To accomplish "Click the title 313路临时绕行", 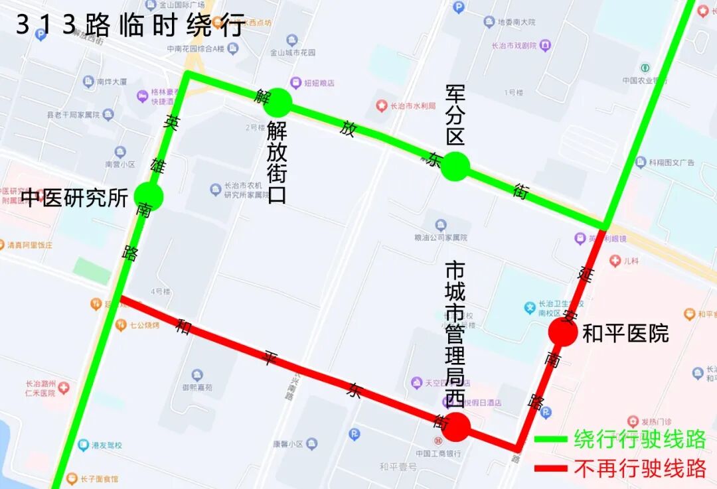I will point(130,25).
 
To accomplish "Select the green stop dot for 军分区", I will point(455,166).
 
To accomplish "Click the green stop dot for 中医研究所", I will point(148,196).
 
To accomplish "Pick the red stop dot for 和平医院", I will point(563,332).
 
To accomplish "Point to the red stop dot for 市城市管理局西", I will point(456,427).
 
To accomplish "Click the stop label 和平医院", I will point(625,334).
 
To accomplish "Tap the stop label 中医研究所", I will point(74,198).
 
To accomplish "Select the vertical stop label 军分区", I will point(455,115).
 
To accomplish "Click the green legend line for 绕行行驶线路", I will point(550,439).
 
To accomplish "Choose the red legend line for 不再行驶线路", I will point(550,469).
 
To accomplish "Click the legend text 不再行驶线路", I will point(640,469).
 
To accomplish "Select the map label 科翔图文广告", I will point(671,163).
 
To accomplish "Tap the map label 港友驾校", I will point(106,445).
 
